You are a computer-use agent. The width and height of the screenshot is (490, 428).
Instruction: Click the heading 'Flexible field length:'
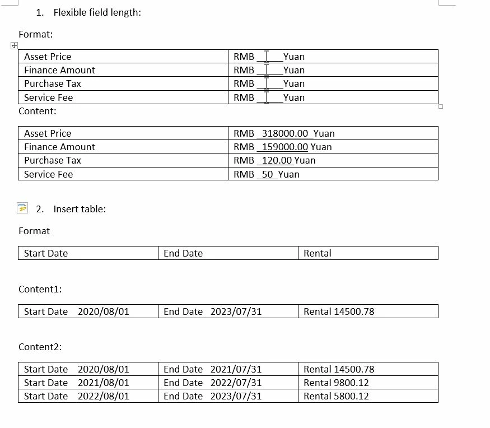click(x=97, y=12)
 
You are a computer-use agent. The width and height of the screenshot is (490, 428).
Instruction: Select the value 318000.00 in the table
click(x=285, y=133)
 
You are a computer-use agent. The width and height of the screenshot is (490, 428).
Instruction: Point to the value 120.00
click(x=277, y=160)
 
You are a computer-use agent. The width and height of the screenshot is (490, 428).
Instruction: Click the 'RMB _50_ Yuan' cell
click(x=267, y=174)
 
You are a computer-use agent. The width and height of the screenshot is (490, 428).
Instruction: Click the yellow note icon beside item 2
click(x=22, y=208)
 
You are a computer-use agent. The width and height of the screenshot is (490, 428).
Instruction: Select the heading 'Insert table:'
click(x=80, y=209)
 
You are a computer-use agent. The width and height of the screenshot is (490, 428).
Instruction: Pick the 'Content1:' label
click(x=40, y=289)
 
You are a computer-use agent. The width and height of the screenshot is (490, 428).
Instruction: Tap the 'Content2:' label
click(x=40, y=347)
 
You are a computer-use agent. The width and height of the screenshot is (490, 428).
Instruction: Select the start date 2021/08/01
click(x=104, y=383)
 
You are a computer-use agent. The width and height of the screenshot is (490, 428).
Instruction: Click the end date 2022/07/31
click(x=236, y=383)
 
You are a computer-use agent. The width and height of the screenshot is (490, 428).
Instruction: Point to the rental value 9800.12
click(x=351, y=383)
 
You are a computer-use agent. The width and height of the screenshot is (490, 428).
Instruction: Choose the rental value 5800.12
click(x=351, y=396)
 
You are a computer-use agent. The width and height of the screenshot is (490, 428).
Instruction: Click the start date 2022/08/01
click(x=104, y=396)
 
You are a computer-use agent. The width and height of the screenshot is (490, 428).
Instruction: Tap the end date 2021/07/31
click(x=236, y=369)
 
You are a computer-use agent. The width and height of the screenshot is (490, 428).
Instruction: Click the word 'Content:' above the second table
click(x=38, y=111)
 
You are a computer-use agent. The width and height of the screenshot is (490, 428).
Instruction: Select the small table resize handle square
click(x=441, y=106)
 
